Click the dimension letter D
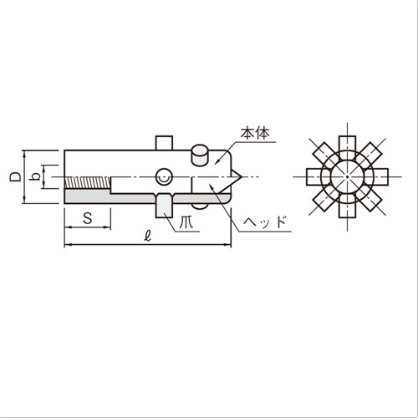click(x=15, y=177)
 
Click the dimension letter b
click(x=35, y=176)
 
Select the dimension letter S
click(x=88, y=218)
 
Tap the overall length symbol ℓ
click(x=148, y=237)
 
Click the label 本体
click(x=255, y=134)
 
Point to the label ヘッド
click(x=265, y=222)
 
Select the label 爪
click(x=186, y=222)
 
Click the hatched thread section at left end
click(x=88, y=182)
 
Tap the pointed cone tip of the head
click(x=242, y=176)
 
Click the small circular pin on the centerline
click(x=164, y=176)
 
